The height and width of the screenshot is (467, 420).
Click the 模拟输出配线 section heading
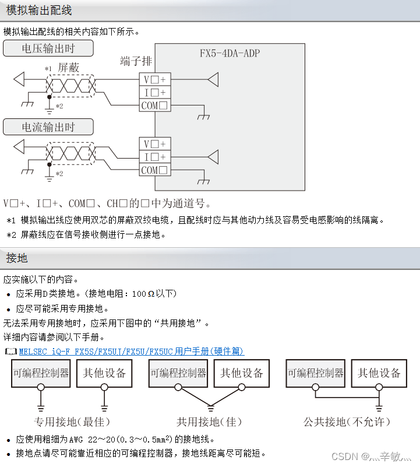pos(39,11)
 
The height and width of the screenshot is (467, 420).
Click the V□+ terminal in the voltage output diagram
pos(154,79)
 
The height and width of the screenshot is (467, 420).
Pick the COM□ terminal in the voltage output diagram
pos(154,106)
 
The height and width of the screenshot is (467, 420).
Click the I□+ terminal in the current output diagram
pos(154,157)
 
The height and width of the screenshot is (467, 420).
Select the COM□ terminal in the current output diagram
pos(154,170)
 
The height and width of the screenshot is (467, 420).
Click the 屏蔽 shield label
pos(68,68)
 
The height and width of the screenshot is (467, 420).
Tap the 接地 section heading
pos(17,258)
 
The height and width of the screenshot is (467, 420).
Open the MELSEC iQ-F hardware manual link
pos(132,351)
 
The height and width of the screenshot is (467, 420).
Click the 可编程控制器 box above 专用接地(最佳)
pos(41,373)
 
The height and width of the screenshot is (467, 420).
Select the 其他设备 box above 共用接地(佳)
pos(242,373)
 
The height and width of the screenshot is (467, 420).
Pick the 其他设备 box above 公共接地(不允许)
pos(379,373)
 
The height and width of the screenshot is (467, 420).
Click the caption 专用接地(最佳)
pos(72,421)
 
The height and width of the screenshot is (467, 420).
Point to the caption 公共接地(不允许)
pos(347,421)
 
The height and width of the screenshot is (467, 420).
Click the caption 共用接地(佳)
pos(209,421)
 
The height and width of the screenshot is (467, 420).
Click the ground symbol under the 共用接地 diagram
pos(210,406)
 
